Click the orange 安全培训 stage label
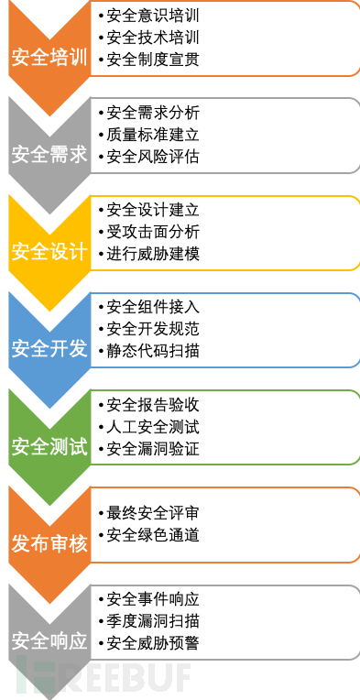pos(49,58)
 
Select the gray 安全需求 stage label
pos(49,155)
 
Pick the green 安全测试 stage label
pos(49,447)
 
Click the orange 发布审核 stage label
pos(49,543)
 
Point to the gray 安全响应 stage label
pos(49,640)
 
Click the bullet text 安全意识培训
pos(152,16)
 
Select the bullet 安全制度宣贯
pos(152,60)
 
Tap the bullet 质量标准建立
pos(152,135)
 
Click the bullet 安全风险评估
pos(152,157)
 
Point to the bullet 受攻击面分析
pos(152,232)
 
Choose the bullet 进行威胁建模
pos(152,254)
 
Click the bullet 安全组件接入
pos(152,307)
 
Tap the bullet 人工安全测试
pos(152,426)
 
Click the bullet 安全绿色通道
pos(152,534)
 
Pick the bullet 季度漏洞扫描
pos(152,620)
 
